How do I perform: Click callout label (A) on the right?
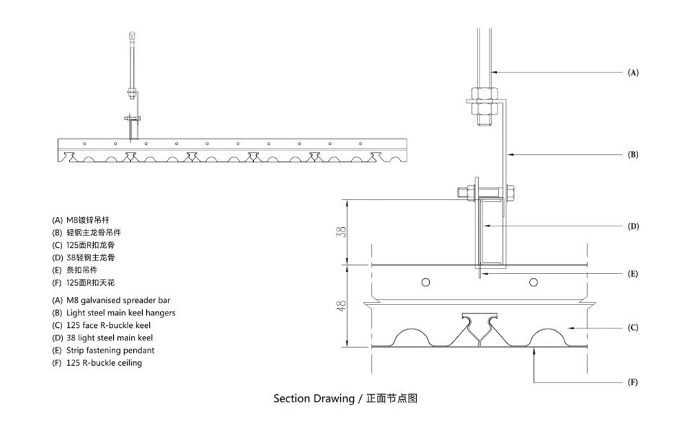point(633,72)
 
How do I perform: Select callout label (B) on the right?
point(633,155)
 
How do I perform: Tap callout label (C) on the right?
point(633,328)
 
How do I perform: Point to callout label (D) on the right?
point(633,226)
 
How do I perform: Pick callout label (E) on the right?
point(633,274)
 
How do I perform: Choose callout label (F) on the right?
point(633,382)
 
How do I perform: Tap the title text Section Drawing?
point(313,398)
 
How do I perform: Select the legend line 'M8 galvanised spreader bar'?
point(111,300)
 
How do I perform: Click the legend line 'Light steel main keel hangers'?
point(114,313)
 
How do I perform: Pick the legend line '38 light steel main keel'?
point(103,338)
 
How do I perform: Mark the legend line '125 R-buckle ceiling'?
point(97,362)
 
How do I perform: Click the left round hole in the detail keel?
point(426,282)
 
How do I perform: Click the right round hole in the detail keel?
point(533,282)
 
